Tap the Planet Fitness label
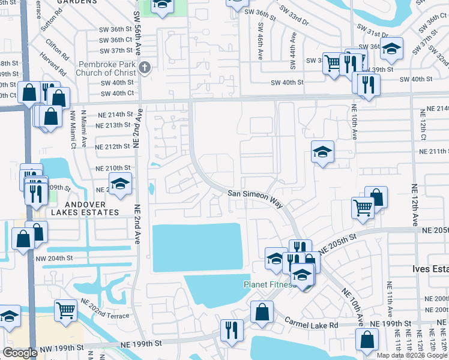pos(270,284)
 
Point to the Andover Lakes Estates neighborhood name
pos(85,208)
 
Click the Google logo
pos(20,353)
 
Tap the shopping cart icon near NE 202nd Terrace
pos(66,310)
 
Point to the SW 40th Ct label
pos(118,93)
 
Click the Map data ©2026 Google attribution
pos(412,355)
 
